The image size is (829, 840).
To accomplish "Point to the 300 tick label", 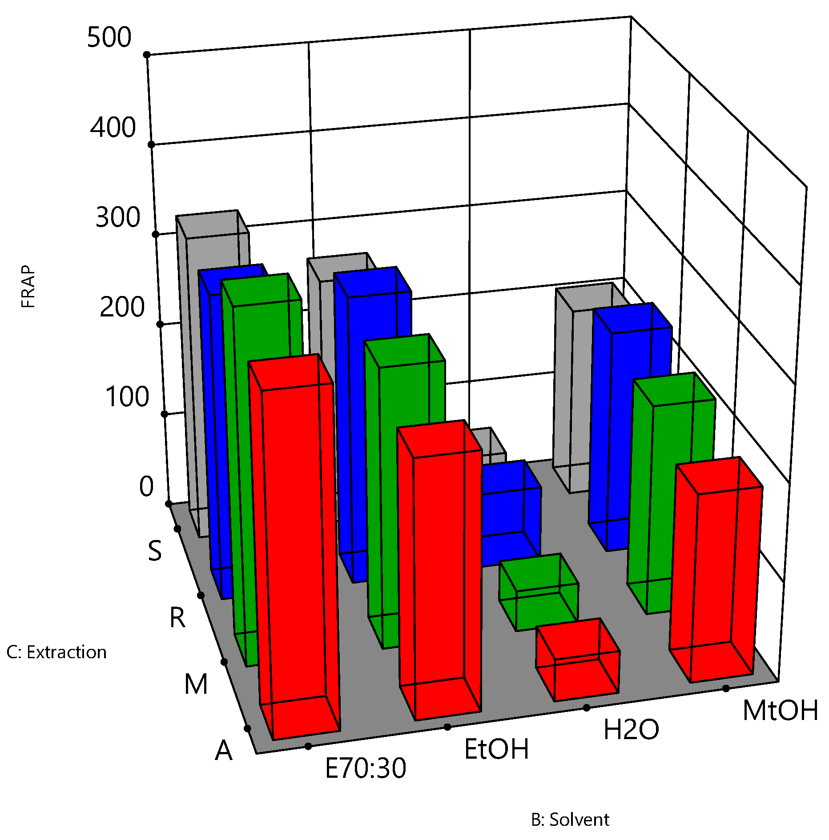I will [x=118, y=217].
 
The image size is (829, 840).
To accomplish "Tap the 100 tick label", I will [x=127, y=396].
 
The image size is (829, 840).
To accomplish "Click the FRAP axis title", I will [x=28, y=287].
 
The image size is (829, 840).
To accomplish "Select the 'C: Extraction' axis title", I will [x=56, y=652].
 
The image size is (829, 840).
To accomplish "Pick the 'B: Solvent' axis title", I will [x=570, y=819].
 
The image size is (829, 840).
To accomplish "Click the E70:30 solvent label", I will [x=366, y=768].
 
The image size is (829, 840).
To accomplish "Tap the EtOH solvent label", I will [x=496, y=749].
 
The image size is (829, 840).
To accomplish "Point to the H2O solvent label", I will [x=631, y=729].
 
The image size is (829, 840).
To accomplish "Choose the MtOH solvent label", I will [x=780, y=710].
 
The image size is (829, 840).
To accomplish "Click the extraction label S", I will [x=155, y=551].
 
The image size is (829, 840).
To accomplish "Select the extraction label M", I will [x=196, y=684].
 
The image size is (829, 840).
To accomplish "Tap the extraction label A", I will [x=224, y=751].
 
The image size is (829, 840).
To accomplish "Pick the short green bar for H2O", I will [x=538, y=596].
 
